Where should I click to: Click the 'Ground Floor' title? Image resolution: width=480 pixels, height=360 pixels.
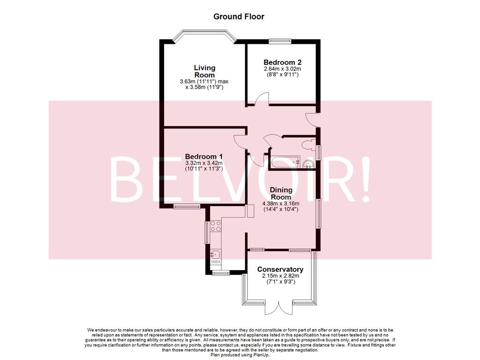coord(239,17)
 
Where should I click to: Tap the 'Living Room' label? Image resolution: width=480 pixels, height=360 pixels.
coord(204,71)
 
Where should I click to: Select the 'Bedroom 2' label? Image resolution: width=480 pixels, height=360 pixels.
coord(282,62)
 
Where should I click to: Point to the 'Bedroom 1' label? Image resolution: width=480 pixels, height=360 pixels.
coord(203,157)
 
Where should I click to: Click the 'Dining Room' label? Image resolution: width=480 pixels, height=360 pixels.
coord(281,193)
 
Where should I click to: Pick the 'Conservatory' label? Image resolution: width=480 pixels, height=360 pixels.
coord(280,270)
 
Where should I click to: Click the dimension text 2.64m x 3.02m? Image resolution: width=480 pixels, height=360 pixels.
coord(282,69)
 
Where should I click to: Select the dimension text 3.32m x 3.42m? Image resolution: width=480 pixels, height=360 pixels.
coord(203,163)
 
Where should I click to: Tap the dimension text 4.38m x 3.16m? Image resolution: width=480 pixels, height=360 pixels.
coord(281,203)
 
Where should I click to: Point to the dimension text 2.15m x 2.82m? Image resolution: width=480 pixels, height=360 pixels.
coord(280,276)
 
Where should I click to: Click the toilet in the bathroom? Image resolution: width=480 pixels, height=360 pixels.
coord(309,144)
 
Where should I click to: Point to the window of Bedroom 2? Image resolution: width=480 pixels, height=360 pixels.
coord(280,41)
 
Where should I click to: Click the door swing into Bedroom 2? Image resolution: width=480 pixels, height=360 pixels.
coord(262,99)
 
